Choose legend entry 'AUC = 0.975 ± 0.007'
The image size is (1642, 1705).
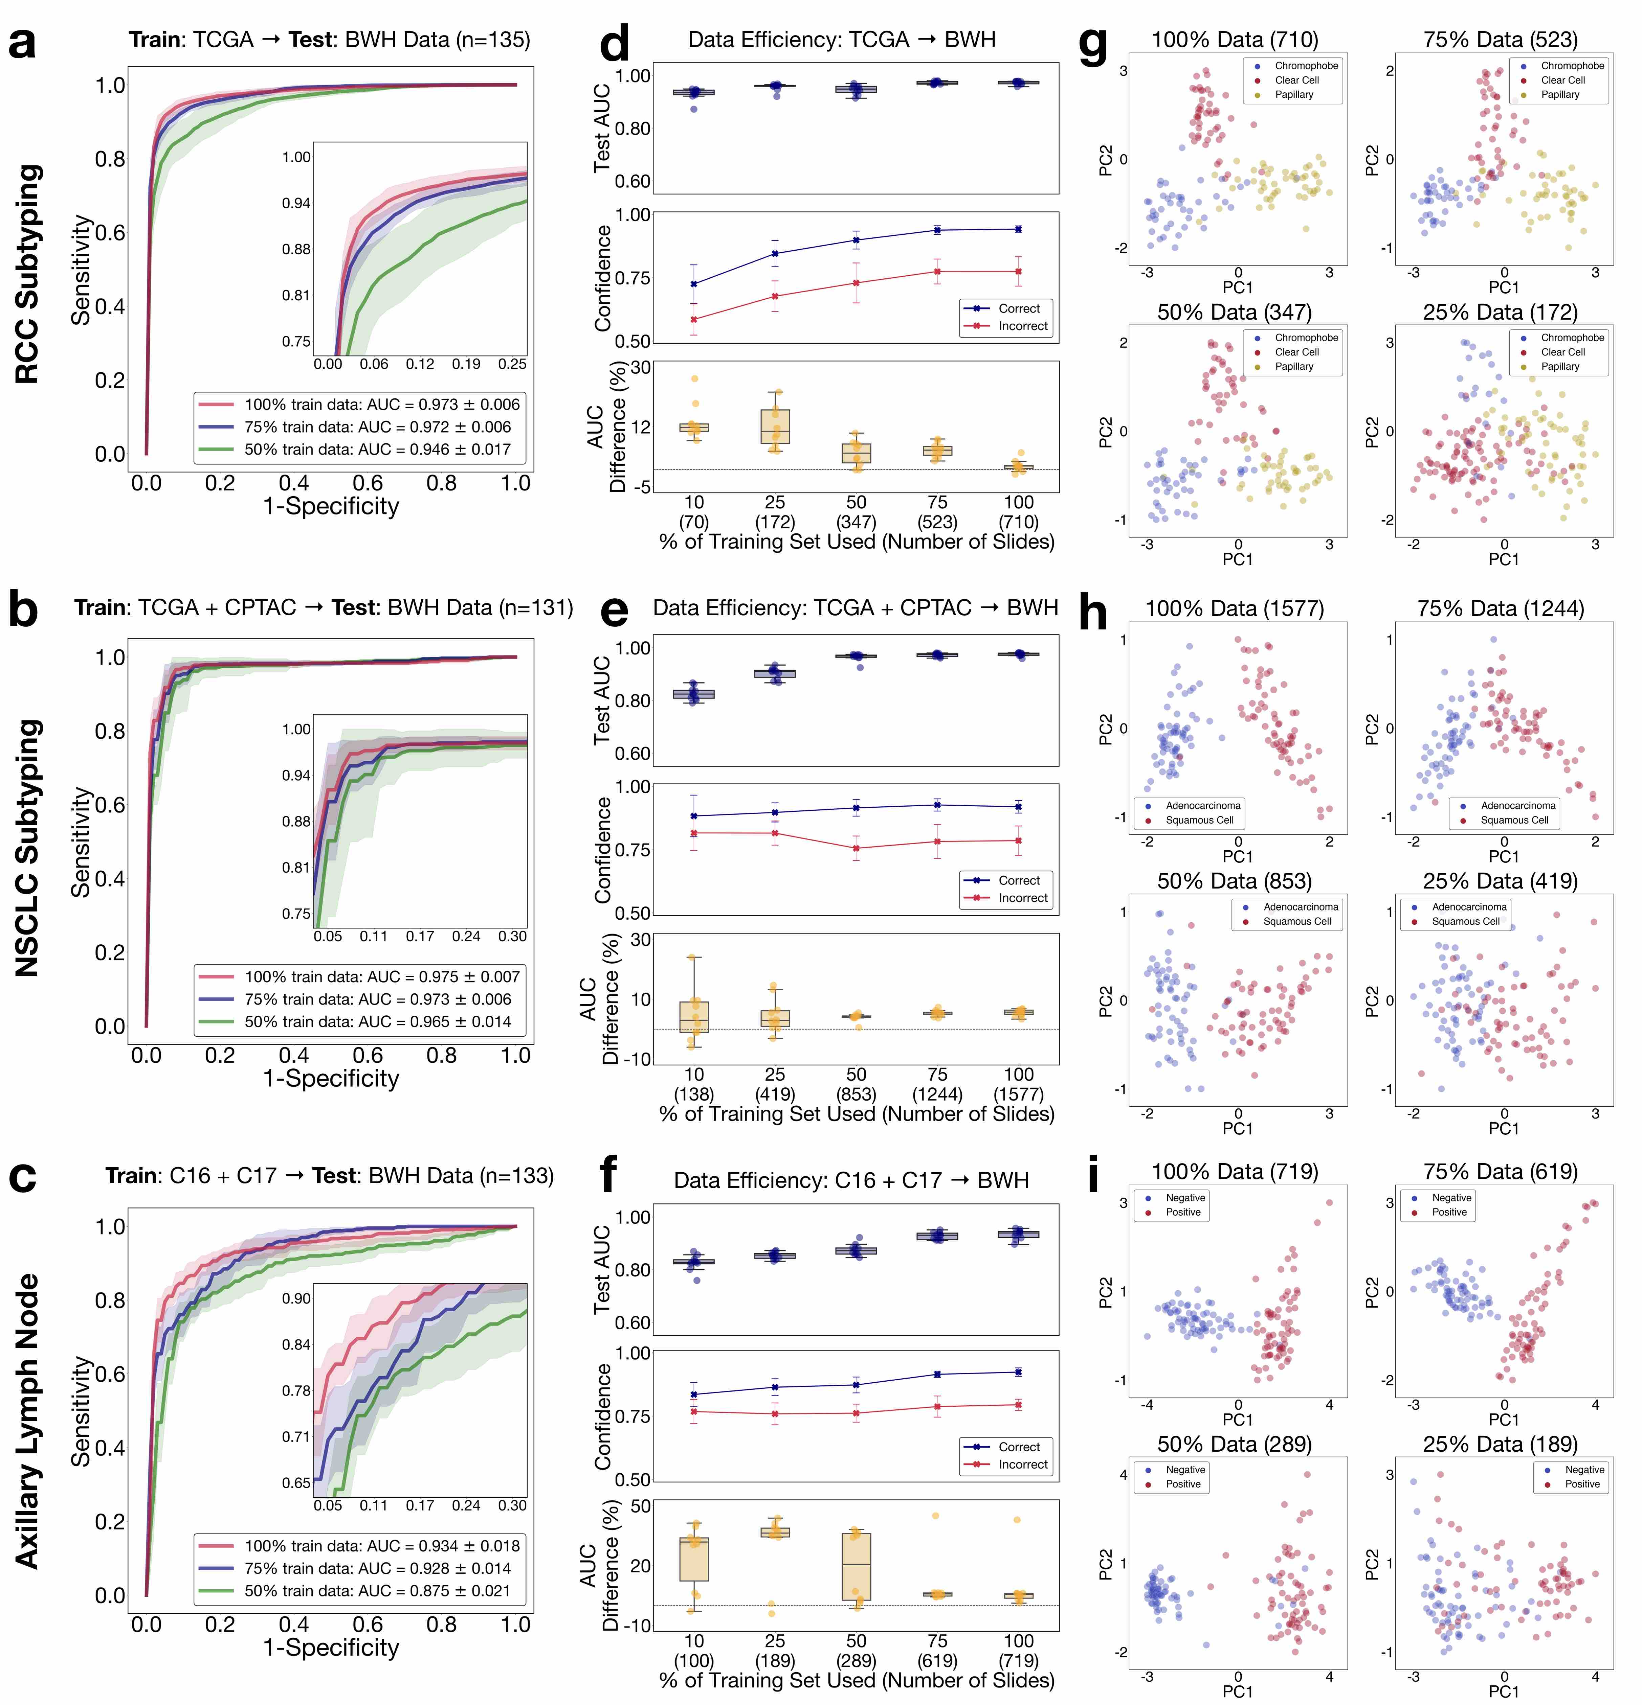(x=381, y=977)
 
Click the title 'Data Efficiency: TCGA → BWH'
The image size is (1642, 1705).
(x=841, y=40)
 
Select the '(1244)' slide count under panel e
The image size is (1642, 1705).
(x=937, y=1094)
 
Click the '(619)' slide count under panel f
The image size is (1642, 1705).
(x=937, y=1661)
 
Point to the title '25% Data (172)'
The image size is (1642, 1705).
(x=1500, y=312)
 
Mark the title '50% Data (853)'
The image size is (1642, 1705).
(x=1234, y=881)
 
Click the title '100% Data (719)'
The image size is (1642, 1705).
(x=1234, y=1172)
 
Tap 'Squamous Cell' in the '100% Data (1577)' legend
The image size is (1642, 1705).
(x=1199, y=820)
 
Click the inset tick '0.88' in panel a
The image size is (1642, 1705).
(x=296, y=250)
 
